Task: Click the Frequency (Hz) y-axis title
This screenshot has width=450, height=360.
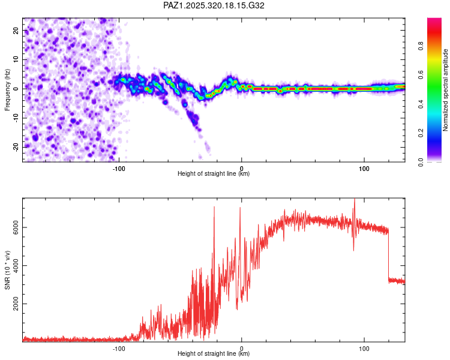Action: coord(7,89)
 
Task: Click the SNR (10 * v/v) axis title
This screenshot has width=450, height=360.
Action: coord(7,270)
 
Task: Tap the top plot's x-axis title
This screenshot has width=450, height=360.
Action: coord(214,173)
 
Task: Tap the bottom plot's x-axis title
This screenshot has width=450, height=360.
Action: coord(214,354)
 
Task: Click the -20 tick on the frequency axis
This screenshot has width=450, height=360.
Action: coord(15,147)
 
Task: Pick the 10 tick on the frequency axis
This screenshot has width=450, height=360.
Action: coord(16,59)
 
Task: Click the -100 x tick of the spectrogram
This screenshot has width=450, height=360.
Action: coord(119,167)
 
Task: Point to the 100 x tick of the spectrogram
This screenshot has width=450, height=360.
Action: coord(364,167)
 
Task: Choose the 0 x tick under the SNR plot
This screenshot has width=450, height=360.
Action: coord(242,348)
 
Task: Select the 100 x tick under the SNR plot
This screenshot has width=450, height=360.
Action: coord(364,348)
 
